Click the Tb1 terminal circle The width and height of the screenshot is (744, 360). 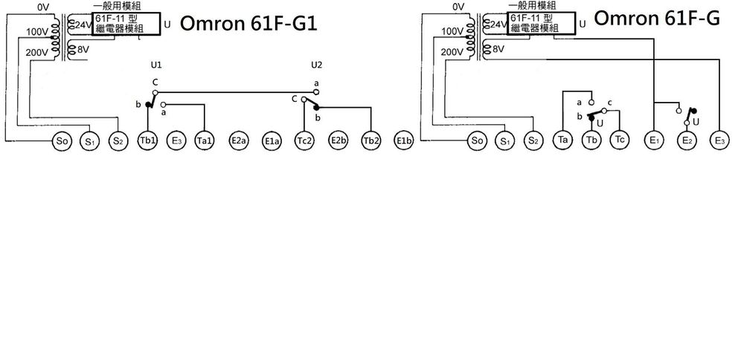[147, 141]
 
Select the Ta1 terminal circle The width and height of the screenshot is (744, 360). [205, 141]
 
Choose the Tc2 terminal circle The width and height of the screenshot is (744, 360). [305, 141]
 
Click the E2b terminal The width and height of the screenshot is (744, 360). [339, 141]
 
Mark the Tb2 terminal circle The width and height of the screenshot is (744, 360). [371, 141]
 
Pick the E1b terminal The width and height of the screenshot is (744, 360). [404, 141]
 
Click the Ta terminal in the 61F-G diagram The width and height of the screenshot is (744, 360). [563, 141]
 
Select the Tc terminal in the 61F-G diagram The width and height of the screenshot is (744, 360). [619, 141]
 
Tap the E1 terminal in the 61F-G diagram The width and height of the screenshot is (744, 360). [654, 141]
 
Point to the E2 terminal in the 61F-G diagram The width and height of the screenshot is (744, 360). [687, 141]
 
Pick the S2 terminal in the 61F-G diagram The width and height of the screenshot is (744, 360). [531, 141]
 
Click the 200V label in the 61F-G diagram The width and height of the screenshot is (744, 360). [450, 53]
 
